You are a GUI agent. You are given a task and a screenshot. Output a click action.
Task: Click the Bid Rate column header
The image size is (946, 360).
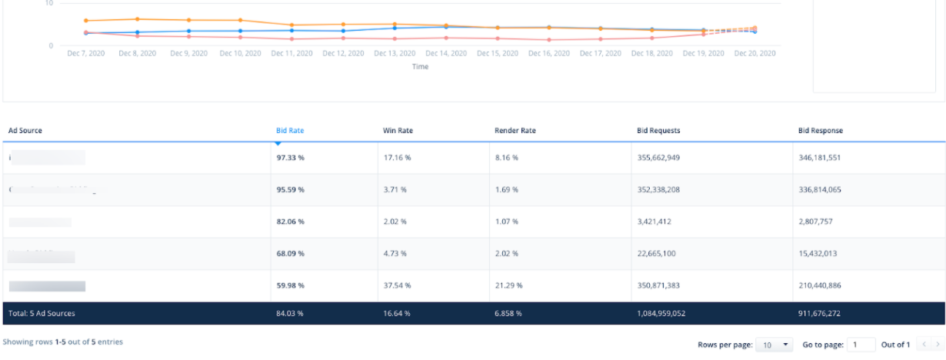[290, 131]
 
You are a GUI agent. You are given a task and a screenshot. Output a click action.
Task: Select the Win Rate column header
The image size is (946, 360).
[398, 131]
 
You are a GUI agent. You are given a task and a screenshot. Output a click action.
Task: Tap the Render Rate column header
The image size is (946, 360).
[515, 131]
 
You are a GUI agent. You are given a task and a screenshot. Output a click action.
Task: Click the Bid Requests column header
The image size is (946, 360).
[658, 131]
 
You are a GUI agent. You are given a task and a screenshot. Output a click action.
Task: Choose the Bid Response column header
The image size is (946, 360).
[820, 131]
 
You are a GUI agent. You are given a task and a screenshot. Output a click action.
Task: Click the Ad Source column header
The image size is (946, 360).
[25, 131]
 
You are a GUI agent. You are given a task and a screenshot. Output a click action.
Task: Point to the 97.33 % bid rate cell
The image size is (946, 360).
[290, 158]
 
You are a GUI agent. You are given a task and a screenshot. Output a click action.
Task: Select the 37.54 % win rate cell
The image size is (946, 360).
[397, 285]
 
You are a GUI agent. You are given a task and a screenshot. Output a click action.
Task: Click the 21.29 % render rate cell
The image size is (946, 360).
[508, 285]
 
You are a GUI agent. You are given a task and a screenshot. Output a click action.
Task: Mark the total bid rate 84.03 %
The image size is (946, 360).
[289, 314]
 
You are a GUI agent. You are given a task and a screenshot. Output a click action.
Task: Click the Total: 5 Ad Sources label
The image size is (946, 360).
[42, 314]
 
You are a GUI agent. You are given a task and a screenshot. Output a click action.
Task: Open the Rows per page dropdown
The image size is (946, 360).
[774, 345]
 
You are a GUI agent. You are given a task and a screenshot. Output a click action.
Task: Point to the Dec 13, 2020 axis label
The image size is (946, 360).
[395, 54]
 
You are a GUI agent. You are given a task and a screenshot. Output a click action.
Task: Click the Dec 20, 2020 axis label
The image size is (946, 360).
[754, 54]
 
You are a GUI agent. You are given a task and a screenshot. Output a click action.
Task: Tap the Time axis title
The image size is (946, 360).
[420, 67]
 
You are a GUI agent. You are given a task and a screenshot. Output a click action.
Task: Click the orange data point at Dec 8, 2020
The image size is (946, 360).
[137, 19]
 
